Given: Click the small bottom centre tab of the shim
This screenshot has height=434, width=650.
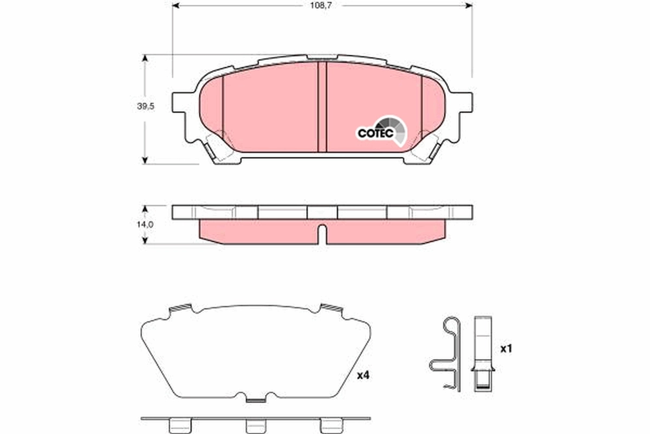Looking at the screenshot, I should click(x=255, y=400).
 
